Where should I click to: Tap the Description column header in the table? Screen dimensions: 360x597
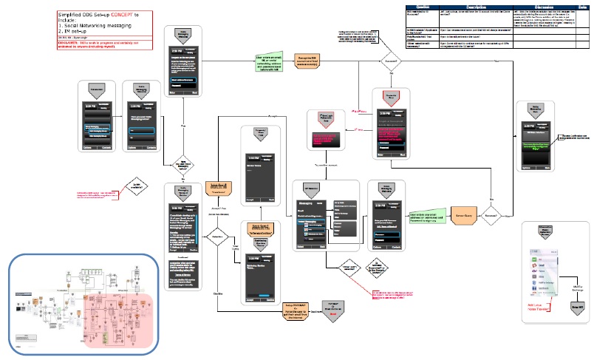point(464,4)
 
